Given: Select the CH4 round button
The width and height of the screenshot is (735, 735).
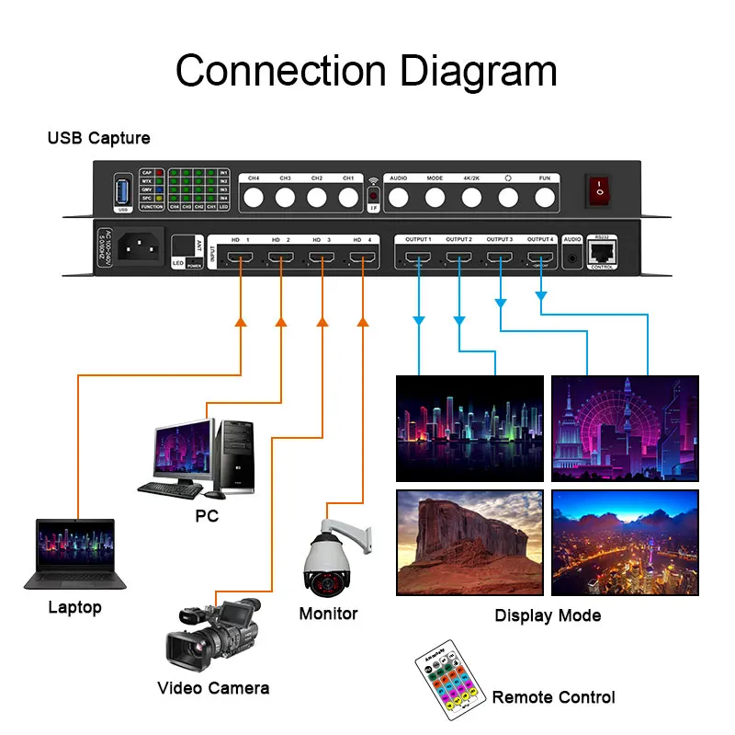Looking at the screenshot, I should coord(254,196).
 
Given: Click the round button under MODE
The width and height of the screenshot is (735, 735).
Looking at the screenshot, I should coord(435,196).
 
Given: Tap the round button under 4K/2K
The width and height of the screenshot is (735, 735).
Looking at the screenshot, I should coord(471,196).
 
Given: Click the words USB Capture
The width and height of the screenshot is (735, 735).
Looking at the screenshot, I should coord(98,138).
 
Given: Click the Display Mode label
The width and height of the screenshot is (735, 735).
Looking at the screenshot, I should coord(548,615).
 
